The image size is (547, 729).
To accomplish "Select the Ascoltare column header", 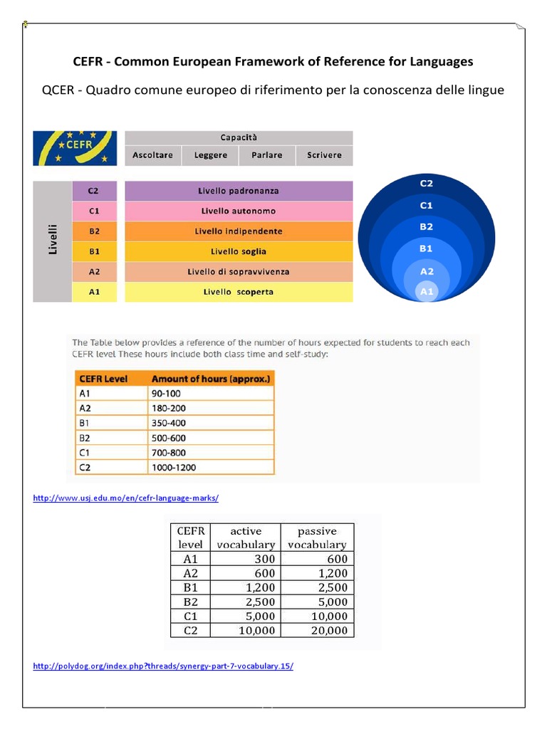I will (x=153, y=155).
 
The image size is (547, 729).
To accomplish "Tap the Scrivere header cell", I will (x=324, y=155).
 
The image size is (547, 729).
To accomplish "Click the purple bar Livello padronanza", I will (x=239, y=191).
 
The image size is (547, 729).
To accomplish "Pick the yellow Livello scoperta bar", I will (x=239, y=292).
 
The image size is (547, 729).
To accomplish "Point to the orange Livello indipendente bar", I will (x=239, y=231).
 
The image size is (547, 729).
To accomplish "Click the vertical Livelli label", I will (x=53, y=241).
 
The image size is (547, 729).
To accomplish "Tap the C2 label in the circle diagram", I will (x=427, y=183).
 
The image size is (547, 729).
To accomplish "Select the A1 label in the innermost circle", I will (x=427, y=291).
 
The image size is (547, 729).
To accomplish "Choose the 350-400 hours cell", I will (x=169, y=424).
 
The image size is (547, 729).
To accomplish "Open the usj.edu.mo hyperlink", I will (x=126, y=498).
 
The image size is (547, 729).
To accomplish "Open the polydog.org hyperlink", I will (x=163, y=666).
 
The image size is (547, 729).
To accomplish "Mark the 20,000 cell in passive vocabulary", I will (x=329, y=630).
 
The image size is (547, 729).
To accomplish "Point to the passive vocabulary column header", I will (x=317, y=537).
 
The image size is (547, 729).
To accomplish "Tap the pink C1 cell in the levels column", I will (x=93, y=211).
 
